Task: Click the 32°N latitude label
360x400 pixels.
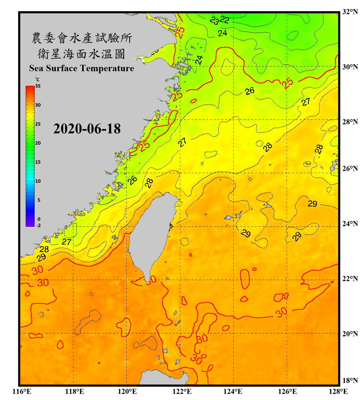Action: click(x=350, y=12)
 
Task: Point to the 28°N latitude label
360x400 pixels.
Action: click(x=350, y=122)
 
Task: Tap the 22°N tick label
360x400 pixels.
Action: click(x=350, y=279)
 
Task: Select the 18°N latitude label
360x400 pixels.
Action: click(x=350, y=381)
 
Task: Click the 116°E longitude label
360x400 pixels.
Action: click(x=22, y=391)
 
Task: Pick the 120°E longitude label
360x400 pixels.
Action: click(x=127, y=391)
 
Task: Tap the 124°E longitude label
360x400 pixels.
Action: click(x=233, y=391)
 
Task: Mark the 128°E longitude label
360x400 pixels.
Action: click(x=338, y=391)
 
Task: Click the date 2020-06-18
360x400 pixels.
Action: click(x=87, y=129)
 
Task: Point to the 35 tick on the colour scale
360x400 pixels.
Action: click(x=38, y=86)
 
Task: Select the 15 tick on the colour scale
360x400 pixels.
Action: click(x=38, y=162)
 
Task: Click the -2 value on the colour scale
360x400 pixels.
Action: click(x=38, y=225)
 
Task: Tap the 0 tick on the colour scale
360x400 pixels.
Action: click(x=39, y=219)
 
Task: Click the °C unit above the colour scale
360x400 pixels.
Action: click(x=37, y=79)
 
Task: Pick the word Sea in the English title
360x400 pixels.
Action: click(x=37, y=68)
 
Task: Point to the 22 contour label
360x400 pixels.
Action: click(x=224, y=20)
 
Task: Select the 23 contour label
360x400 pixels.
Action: click(x=214, y=21)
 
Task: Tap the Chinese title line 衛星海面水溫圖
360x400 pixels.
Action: click(x=81, y=54)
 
